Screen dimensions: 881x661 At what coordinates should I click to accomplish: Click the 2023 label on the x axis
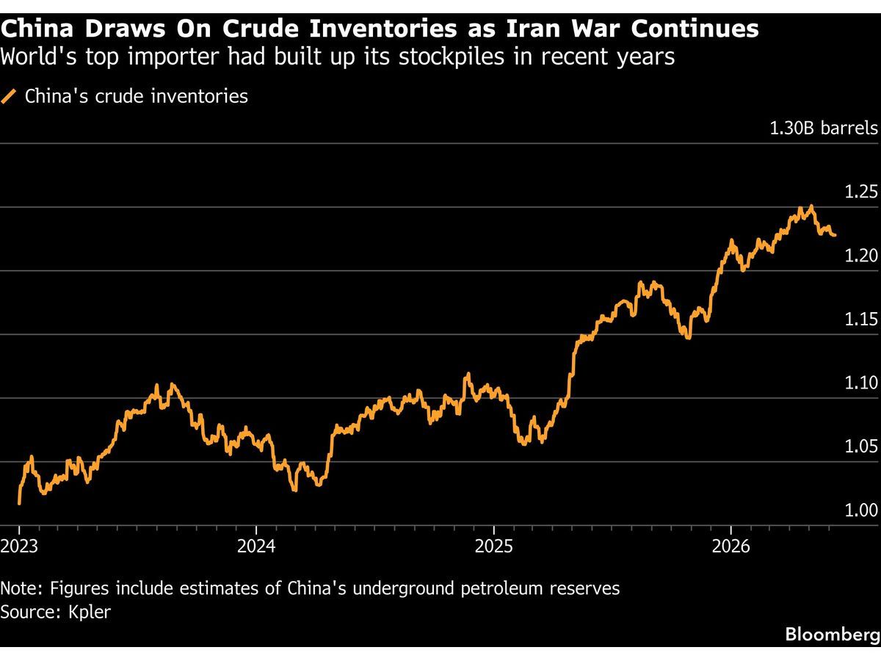click(19, 546)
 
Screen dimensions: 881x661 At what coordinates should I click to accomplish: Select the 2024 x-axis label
click(256, 546)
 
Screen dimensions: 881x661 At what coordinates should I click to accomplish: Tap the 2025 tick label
click(493, 546)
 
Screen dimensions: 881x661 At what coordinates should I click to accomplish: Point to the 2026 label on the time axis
click(731, 546)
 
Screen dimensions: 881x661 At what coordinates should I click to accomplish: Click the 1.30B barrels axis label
click(824, 128)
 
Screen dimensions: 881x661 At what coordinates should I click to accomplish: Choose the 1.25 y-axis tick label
click(861, 192)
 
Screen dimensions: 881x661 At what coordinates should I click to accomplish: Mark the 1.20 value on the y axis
click(861, 256)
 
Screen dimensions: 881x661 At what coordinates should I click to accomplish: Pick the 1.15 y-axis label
click(861, 319)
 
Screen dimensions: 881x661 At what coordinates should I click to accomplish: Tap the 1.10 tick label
click(861, 383)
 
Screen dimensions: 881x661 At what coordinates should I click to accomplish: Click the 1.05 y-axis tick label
click(861, 447)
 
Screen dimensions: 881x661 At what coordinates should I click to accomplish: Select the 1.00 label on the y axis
click(861, 510)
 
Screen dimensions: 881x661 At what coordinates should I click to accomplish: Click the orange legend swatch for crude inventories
click(8, 97)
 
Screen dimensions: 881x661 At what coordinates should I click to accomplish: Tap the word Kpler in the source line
click(89, 613)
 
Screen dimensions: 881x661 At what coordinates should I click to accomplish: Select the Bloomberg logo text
click(833, 635)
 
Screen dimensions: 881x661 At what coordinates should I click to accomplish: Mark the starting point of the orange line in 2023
click(19, 503)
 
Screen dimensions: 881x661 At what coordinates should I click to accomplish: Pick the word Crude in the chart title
click(261, 29)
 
